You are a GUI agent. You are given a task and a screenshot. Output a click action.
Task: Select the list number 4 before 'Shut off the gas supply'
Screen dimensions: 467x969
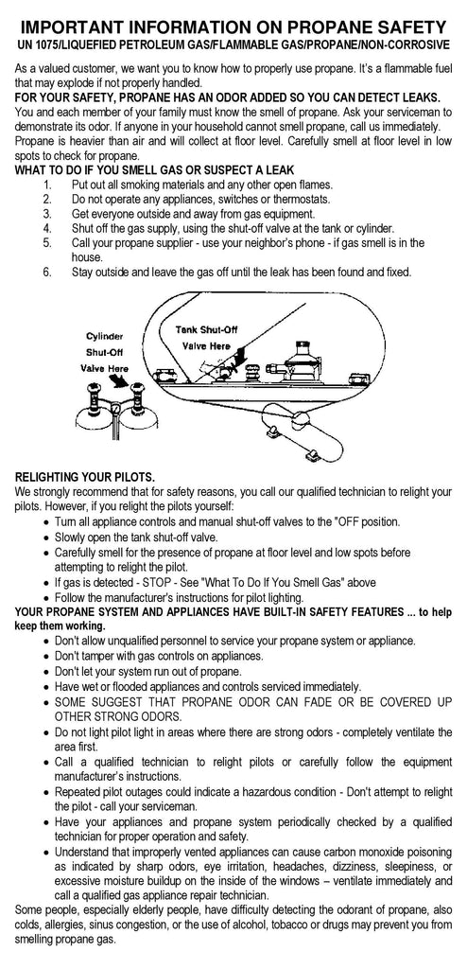coord(47,228)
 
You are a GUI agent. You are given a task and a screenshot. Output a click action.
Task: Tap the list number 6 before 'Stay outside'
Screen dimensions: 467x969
coord(47,272)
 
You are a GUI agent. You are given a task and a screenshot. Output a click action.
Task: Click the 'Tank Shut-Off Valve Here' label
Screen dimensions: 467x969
coord(206,338)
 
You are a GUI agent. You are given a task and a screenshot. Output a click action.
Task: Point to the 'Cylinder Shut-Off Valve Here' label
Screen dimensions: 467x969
coord(104,352)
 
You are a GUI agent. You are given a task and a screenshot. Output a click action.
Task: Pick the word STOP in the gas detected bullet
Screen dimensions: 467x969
coord(155,582)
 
